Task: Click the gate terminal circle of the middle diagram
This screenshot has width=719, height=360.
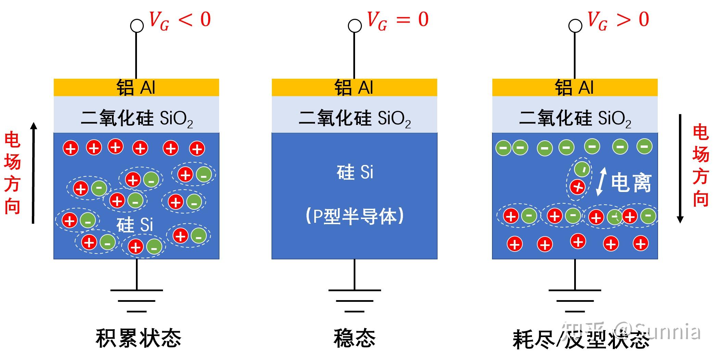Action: point(355,26)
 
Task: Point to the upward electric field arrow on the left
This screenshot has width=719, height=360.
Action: point(33,173)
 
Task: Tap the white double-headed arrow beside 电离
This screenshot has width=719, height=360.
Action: point(601,181)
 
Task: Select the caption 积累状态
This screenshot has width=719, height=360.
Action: point(138,338)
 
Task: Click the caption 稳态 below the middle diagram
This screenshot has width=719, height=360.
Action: point(354,338)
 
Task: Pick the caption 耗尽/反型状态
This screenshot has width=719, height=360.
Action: point(581,339)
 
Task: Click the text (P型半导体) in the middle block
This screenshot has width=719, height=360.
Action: point(354,216)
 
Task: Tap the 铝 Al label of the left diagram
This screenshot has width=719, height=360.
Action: point(136,88)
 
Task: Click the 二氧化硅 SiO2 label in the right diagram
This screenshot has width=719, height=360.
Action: point(575,118)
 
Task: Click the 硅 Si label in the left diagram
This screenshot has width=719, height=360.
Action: point(135,225)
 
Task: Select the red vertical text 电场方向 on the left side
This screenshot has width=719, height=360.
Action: point(12,173)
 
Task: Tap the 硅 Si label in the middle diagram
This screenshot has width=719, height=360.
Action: point(354,172)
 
